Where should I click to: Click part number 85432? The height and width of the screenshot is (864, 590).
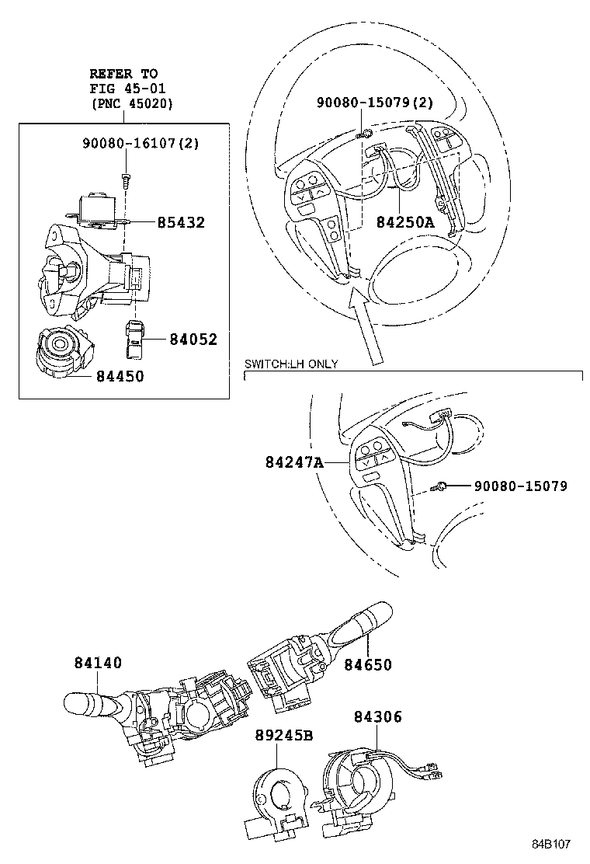click(181, 223)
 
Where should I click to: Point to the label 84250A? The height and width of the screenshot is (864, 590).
click(405, 222)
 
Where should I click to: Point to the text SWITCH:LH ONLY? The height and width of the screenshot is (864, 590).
click(291, 364)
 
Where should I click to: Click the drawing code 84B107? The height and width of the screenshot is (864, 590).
click(550, 844)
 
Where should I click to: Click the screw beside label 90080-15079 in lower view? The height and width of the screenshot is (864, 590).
click(439, 486)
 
